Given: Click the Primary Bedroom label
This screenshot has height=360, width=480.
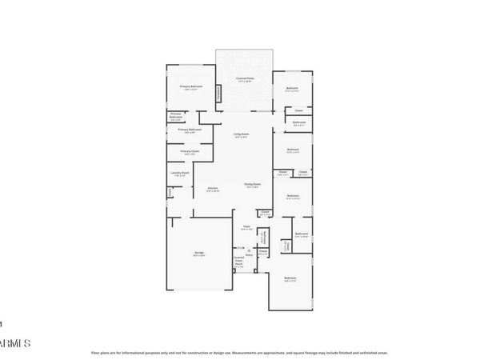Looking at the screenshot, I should click(x=190, y=86).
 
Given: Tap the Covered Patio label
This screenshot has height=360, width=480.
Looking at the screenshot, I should click(x=245, y=78).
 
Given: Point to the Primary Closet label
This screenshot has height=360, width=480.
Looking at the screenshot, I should click(x=190, y=150).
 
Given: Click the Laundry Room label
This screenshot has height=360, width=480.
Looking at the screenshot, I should click(x=180, y=173).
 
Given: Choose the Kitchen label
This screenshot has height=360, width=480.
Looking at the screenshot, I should click(x=214, y=188).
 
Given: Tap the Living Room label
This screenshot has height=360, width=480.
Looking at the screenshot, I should click(x=242, y=134).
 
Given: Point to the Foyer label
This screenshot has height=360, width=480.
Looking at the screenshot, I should click(x=246, y=227).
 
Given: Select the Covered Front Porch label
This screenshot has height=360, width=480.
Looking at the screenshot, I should click(x=238, y=262).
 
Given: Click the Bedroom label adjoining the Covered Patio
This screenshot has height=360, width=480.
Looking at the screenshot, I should click(x=292, y=88).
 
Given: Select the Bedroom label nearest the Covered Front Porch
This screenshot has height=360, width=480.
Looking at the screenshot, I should click(x=290, y=278).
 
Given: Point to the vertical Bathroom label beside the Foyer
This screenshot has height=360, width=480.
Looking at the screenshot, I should click(x=265, y=238).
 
